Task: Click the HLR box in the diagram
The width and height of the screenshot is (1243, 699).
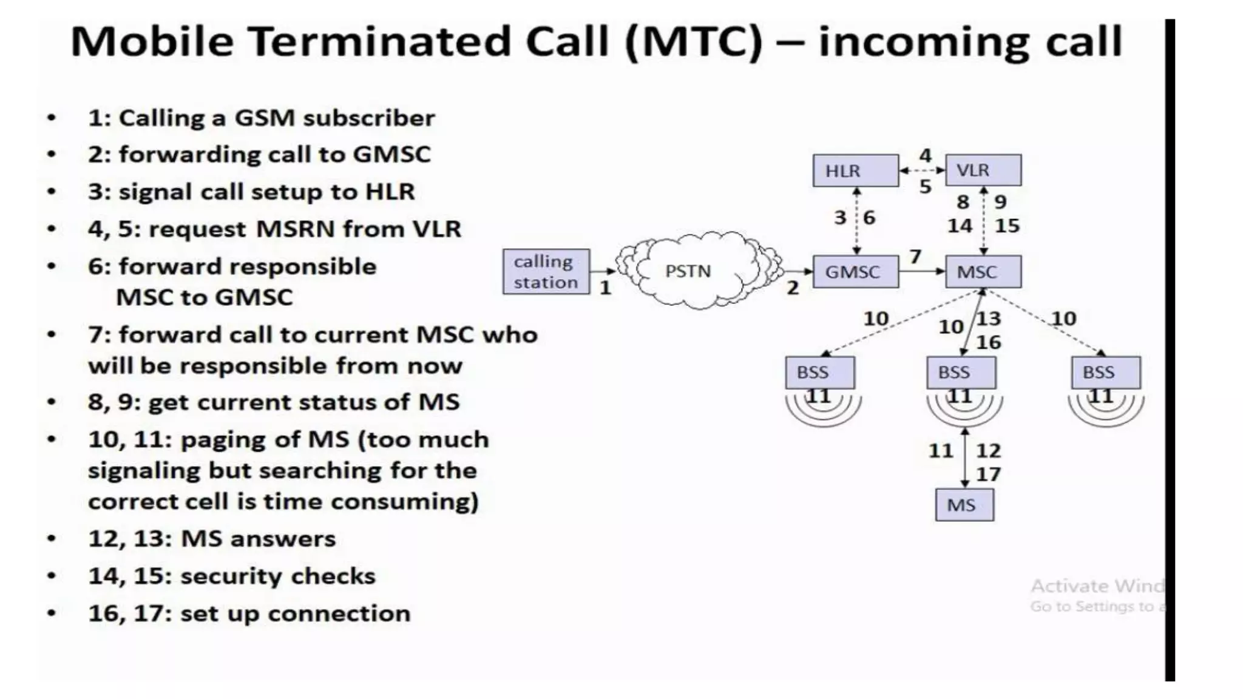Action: pos(856,171)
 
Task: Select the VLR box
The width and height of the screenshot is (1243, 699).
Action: pos(983,171)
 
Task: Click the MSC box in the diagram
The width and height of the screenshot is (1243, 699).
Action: pos(983,272)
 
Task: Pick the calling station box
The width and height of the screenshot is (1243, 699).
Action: pos(546,272)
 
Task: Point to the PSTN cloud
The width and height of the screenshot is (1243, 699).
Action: pos(689,271)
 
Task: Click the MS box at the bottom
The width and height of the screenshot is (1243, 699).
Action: pos(964,505)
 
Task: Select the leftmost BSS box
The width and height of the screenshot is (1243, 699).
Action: pos(820,373)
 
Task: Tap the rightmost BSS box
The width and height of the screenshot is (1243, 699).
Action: pos(1106,373)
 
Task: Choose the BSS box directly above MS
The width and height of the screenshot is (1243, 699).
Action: pos(961,373)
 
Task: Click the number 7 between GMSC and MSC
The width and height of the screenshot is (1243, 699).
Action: pos(915,257)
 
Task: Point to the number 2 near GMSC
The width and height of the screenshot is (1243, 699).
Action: pos(793,288)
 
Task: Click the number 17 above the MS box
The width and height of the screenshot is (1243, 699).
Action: pos(988,474)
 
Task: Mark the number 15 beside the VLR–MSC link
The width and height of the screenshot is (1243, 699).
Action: pos(1007,226)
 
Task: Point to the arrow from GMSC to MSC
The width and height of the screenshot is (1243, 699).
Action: pos(922,271)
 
